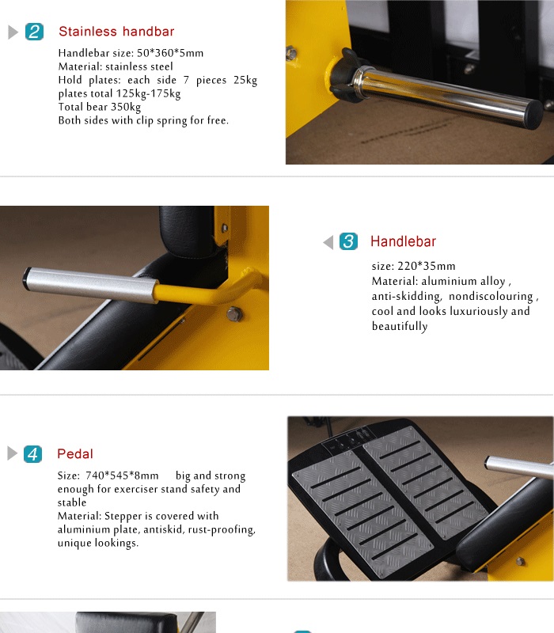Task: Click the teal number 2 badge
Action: [34, 32]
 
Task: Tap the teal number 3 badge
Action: [348, 241]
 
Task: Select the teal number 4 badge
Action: [32, 453]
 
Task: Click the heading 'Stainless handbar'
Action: [116, 32]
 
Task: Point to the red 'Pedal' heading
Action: [75, 453]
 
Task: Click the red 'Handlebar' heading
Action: [403, 241]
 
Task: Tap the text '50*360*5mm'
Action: [170, 53]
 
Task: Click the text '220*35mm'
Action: [427, 266]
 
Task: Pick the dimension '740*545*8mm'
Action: [122, 476]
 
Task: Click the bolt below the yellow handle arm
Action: [234, 313]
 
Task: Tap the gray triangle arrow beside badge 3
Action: [328, 242]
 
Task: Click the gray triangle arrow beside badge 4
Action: [13, 453]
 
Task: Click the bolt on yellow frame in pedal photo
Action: [521, 561]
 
